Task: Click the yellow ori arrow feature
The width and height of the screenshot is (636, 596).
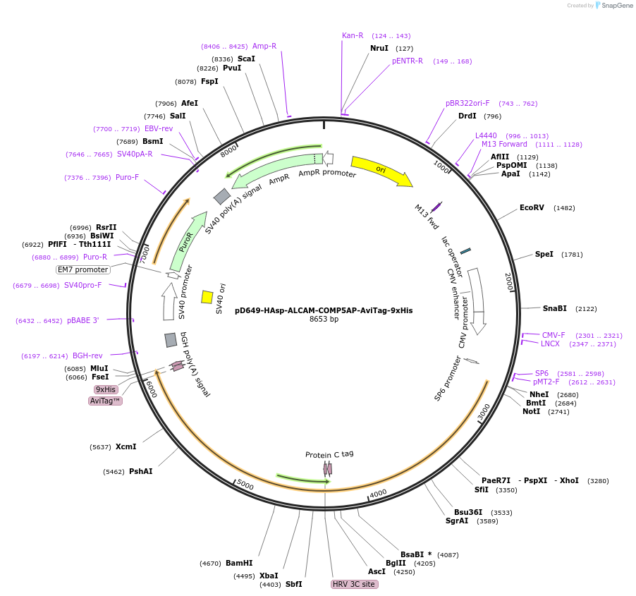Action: point(381,171)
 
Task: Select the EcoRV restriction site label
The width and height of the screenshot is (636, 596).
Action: point(532,208)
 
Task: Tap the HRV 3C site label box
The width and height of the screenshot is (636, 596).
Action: point(354,585)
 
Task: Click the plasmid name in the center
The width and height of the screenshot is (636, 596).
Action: point(324,310)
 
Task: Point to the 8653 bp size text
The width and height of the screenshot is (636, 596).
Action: point(324,320)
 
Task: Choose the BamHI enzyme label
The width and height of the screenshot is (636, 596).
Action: point(239,563)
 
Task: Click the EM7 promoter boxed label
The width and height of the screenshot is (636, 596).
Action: point(83,269)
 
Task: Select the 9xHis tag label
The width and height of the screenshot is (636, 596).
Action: point(106,389)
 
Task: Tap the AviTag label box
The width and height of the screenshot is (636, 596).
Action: point(105,401)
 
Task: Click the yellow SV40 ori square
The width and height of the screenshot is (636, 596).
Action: point(207,297)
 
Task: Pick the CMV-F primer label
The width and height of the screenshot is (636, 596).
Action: point(554,335)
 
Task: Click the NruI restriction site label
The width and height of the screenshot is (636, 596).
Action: point(379,48)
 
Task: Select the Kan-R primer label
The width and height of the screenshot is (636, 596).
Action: point(353,35)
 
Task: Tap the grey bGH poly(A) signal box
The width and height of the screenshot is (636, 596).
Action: point(171,340)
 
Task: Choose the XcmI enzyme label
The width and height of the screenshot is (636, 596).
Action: point(126,446)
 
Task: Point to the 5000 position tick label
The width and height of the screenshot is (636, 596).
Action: point(245,485)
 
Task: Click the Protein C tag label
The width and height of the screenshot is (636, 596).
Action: point(329,454)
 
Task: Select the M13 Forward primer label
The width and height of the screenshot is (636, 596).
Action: point(504,145)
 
